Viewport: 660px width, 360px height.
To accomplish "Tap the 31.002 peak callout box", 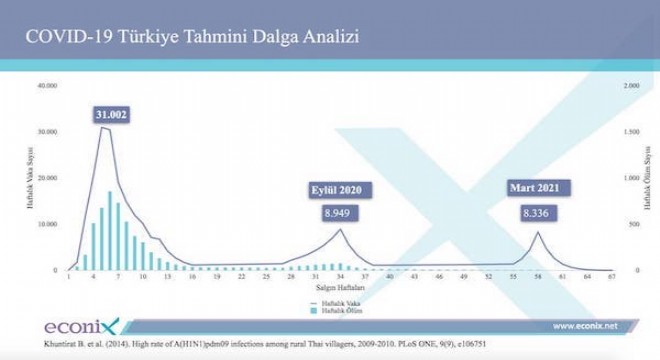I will point(110,116).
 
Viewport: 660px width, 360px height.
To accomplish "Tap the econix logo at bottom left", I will point(80,327).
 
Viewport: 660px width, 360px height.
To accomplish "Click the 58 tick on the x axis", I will point(537,278).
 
